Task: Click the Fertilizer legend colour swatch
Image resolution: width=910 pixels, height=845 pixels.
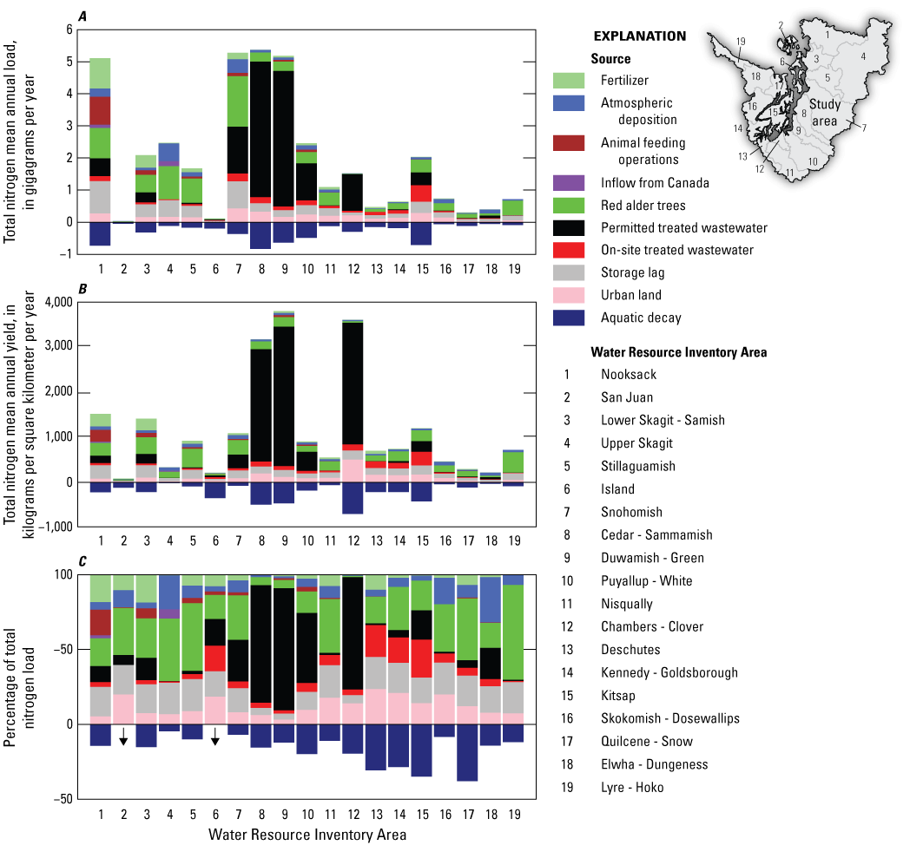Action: [570, 81]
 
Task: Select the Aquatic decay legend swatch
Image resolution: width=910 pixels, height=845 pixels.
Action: [570, 318]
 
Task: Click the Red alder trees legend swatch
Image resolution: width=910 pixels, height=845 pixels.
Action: [570, 205]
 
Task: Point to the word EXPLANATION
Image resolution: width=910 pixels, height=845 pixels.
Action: [639, 36]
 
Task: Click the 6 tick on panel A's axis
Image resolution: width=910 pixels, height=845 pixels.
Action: [67, 29]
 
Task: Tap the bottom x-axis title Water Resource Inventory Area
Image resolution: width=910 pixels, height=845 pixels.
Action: [307, 835]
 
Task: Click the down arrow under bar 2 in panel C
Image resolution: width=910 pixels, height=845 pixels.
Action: [124, 737]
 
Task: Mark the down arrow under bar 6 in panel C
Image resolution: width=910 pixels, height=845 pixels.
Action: [214, 737]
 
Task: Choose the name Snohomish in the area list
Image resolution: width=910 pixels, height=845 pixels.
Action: [631, 512]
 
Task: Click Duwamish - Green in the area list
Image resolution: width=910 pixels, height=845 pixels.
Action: [652, 558]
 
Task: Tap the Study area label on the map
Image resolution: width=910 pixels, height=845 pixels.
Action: [824, 113]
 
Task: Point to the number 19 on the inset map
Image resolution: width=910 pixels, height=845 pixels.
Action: [740, 41]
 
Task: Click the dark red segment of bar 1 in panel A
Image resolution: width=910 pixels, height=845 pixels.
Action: [101, 110]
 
